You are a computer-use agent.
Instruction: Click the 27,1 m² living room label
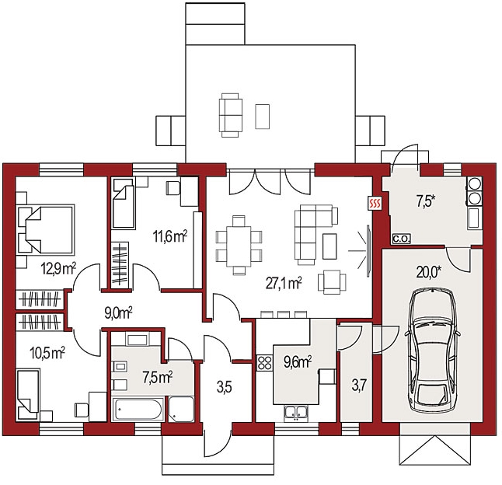coord(284,284)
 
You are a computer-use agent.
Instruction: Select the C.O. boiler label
coord(402,239)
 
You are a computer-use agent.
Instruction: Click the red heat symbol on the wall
coord(375,203)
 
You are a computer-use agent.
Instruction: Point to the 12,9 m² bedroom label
coord(58,269)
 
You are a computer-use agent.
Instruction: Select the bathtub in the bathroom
coord(138,409)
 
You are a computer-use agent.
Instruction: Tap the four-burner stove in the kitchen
coord(264,363)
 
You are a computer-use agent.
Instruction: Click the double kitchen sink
coord(296,413)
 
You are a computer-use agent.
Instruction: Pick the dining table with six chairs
coord(239,246)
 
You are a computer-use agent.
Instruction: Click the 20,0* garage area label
coord(429,273)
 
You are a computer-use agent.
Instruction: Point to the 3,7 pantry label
coord(359,385)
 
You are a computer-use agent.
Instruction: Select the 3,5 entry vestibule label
coord(224,387)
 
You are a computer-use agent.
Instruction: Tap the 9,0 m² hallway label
coord(118,313)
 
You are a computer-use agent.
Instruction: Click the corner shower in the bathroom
coord(181,410)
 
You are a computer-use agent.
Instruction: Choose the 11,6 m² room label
coord(170,237)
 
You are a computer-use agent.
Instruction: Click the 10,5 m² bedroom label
coord(47,353)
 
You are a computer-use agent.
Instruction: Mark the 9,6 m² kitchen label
coord(298,362)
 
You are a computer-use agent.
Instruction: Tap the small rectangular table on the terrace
coord(262,117)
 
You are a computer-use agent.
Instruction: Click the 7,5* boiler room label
coord(426,201)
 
